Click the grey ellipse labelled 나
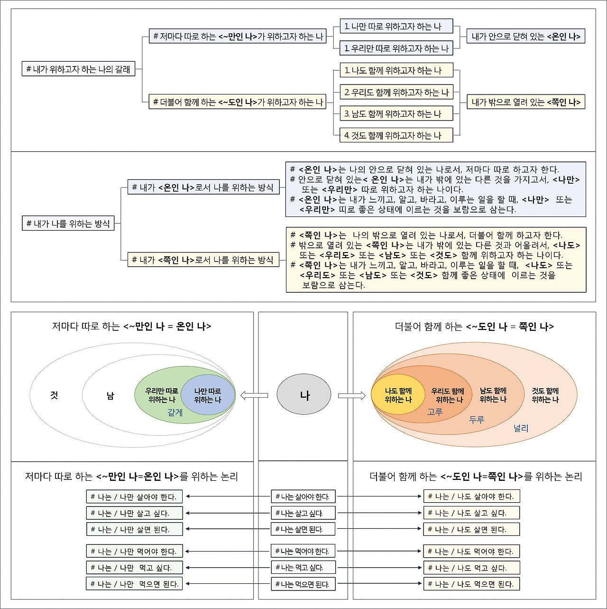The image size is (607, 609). [303, 394]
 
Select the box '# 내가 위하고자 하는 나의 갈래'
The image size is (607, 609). [78, 69]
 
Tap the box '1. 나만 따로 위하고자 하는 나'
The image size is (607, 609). [396, 27]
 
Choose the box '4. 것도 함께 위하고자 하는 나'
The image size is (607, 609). [396, 135]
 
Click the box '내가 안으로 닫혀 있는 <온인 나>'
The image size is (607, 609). [525, 36]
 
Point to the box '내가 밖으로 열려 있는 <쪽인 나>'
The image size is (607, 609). [525, 102]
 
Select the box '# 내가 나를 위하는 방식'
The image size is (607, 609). [68, 223]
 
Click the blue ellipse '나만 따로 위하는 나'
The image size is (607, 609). [208, 395]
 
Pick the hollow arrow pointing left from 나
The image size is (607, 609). [254, 395]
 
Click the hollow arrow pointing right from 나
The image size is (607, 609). [352, 395]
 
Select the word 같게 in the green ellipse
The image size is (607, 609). [175, 413]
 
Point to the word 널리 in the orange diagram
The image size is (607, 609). [521, 428]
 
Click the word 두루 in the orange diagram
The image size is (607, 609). [476, 420]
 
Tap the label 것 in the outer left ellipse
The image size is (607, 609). [54, 395]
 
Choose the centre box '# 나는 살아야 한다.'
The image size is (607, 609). [303, 497]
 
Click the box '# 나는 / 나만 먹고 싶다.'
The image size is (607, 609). [134, 568]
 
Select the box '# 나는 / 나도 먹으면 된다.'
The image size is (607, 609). [471, 584]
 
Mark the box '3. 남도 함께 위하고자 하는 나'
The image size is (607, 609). [396, 113]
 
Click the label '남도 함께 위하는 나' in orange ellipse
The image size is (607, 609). [493, 395]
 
